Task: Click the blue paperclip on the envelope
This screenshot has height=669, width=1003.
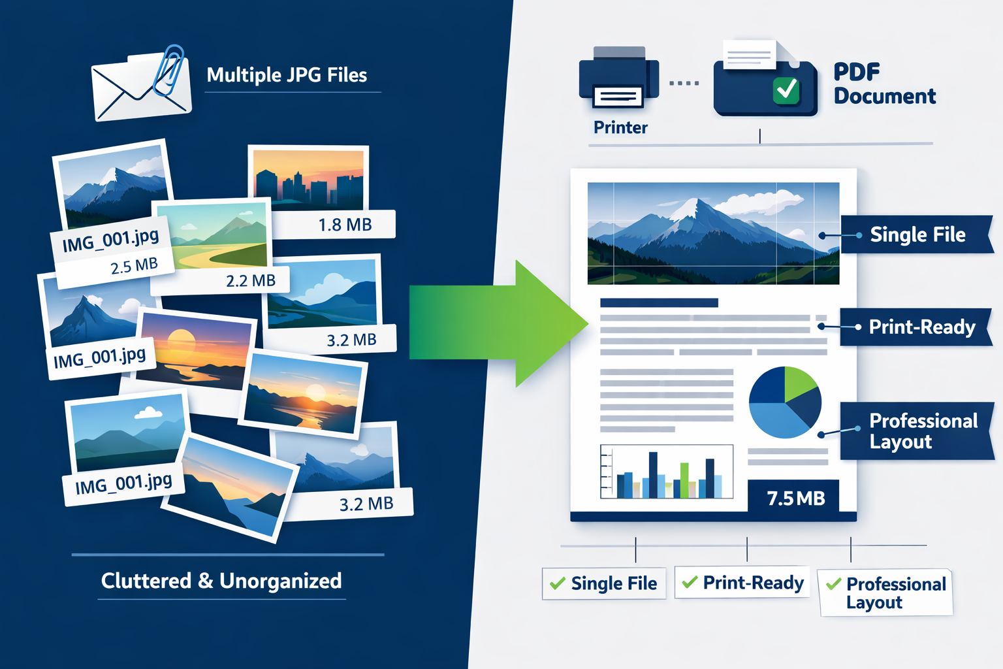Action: pos(168,71)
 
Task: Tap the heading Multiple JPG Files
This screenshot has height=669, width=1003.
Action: pos(287,75)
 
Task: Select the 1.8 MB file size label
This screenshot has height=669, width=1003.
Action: pos(345,225)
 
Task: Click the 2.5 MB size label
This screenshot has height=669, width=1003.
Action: pos(134,266)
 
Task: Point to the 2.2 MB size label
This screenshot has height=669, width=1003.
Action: pos(251,281)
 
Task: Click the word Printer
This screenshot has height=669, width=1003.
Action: pos(620,127)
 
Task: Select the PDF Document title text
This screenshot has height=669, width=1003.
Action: pos(884,84)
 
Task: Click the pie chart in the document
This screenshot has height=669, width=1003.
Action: pos(784,402)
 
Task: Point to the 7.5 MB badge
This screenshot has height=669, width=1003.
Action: pos(795,498)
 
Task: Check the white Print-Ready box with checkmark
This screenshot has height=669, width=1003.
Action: pos(742,583)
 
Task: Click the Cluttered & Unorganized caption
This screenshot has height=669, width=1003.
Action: pos(221,581)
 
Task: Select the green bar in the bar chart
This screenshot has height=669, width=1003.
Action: pos(684,480)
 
